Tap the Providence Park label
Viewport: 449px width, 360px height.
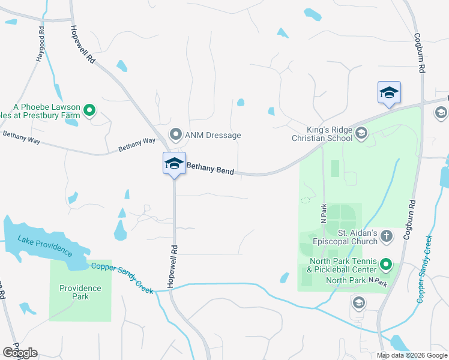(x=80, y=292)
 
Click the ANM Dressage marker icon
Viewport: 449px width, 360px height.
(x=176, y=134)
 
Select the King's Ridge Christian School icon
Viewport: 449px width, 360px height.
(x=361, y=133)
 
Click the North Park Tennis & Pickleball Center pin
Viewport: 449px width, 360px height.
(x=386, y=264)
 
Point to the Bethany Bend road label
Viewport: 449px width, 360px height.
(x=210, y=170)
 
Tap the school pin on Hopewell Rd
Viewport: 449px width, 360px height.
(x=174, y=164)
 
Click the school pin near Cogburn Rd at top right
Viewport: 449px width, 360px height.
(x=389, y=93)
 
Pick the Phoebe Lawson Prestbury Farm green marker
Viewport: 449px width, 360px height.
(x=89, y=110)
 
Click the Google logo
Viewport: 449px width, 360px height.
(x=20, y=353)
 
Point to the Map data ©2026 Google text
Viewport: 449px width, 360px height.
(x=412, y=355)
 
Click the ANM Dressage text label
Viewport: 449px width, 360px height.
(x=212, y=135)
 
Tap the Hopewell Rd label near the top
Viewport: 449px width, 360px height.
(x=83, y=44)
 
